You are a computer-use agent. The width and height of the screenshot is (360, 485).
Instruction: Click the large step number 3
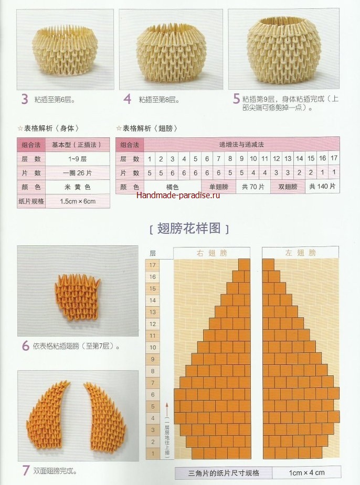[x=25, y=99]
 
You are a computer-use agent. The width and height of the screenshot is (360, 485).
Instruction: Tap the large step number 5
[x=237, y=99]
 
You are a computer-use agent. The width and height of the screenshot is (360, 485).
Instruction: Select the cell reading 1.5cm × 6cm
[x=78, y=201]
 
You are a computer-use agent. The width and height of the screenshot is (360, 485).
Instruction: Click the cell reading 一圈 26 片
[x=78, y=173]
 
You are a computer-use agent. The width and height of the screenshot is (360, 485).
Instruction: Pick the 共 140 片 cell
[x=322, y=186]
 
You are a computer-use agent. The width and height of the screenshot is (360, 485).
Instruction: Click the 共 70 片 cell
[x=253, y=187]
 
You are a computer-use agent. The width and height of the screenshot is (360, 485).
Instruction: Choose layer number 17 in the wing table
[x=334, y=158]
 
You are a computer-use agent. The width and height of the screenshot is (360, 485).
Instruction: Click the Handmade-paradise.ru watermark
[x=178, y=195]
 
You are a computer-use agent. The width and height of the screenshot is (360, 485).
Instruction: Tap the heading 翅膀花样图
[x=189, y=228]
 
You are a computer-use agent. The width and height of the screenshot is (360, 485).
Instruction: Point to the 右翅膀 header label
[x=211, y=253]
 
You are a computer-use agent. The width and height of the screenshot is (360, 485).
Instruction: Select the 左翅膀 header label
[x=301, y=253]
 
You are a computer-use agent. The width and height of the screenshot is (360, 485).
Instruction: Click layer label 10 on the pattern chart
[x=153, y=347]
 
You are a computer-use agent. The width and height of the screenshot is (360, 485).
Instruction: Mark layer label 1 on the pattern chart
[x=153, y=454]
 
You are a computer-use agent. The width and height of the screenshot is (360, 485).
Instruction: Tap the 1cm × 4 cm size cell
[x=307, y=472]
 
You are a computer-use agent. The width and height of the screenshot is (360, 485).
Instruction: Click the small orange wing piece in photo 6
[x=77, y=296]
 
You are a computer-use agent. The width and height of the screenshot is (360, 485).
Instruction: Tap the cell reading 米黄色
[x=78, y=187]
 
